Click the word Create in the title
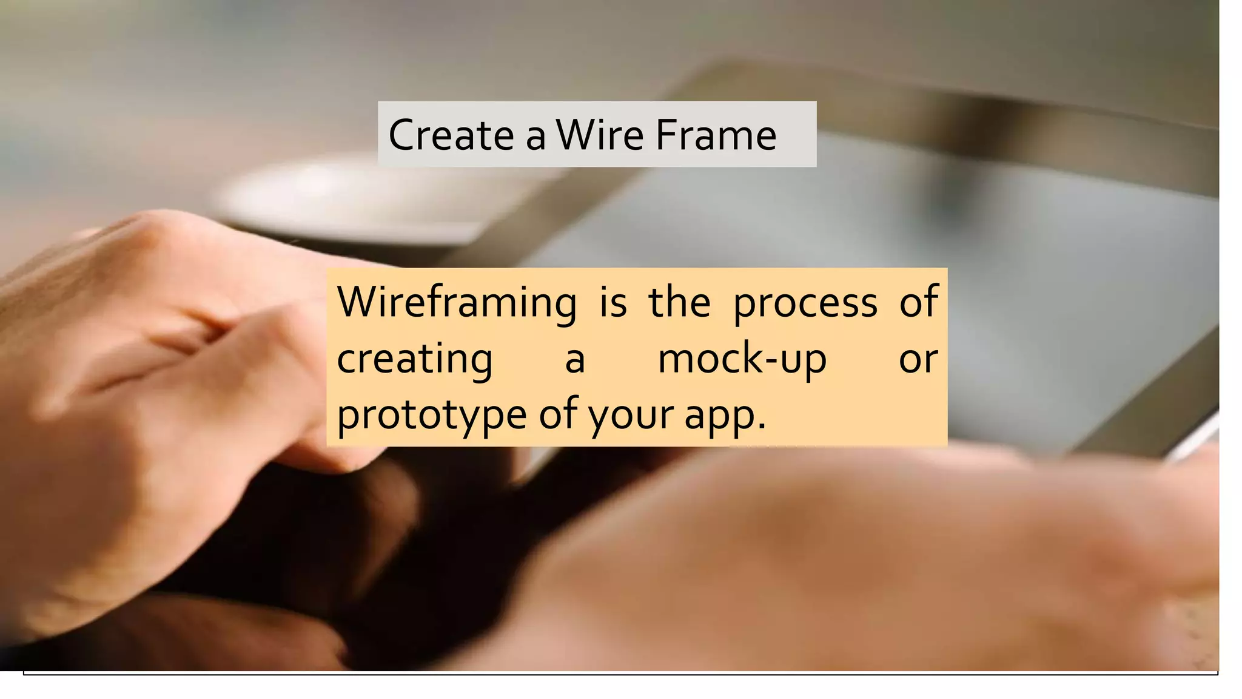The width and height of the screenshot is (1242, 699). click(451, 135)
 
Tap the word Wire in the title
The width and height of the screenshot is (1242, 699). click(600, 135)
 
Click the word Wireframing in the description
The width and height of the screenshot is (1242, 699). click(457, 302)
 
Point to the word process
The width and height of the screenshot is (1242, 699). click(805, 302)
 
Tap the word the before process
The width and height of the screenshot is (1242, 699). click(679, 302)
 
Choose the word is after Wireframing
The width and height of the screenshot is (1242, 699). click(613, 302)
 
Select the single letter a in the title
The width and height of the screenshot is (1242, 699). click(535, 137)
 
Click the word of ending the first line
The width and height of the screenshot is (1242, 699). click(919, 302)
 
